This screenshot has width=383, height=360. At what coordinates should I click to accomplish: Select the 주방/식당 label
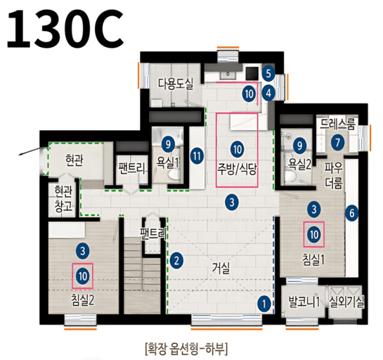pos(237,169)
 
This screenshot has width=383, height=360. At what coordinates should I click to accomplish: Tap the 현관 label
pos(73,160)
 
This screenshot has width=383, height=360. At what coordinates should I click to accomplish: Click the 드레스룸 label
pos(338,124)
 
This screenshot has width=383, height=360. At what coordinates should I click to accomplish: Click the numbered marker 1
pos(264,304)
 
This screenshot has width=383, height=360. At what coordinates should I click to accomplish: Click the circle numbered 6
pos(353,210)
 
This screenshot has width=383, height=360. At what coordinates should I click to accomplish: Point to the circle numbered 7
pos(338,143)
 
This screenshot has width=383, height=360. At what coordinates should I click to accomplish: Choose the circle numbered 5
pos(268,73)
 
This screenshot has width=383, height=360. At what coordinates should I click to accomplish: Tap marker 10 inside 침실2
pos(83,276)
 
